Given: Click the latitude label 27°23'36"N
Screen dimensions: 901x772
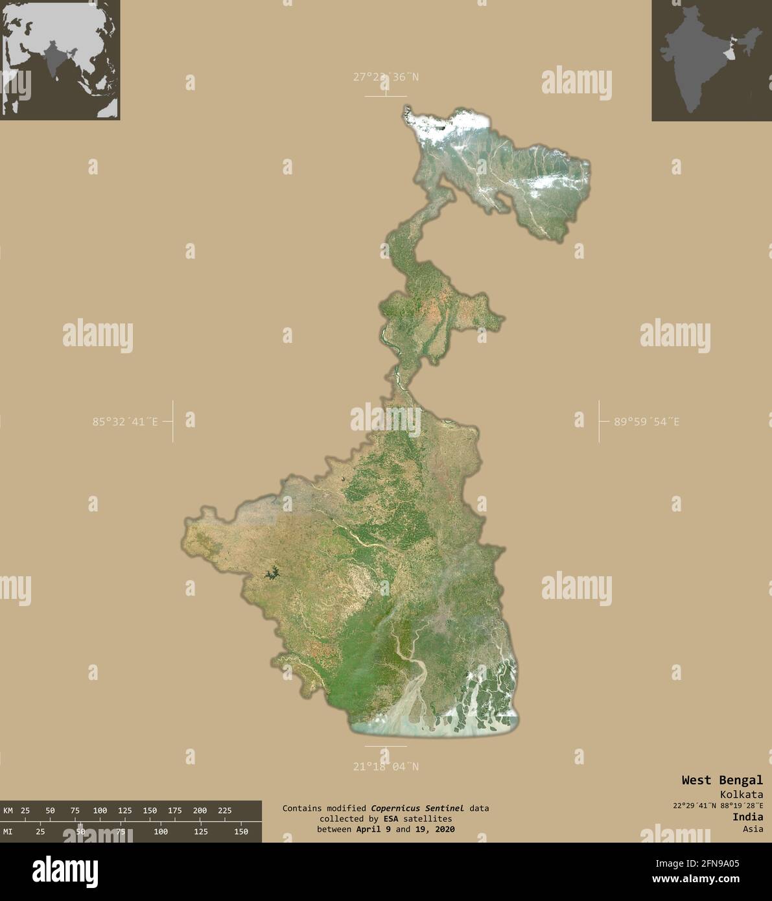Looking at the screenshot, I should coord(386,77).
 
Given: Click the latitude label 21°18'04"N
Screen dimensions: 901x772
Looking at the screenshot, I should coord(386,767).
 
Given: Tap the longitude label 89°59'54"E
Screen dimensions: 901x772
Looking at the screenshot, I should coord(647,422).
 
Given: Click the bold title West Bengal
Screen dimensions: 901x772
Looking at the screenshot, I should coord(721,780).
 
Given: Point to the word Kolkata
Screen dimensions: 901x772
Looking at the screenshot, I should coord(741,795).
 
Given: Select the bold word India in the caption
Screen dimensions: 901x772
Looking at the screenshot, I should coord(747,817).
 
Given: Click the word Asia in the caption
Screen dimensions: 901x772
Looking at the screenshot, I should coord(753,828).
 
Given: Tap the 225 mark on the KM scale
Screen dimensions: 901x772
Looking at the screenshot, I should coord(224,810).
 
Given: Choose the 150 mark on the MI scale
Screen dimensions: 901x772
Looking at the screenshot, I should coord(240,832).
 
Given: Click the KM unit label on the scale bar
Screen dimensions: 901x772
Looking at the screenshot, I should coord(8,810).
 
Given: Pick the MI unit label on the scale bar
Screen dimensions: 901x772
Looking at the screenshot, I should coord(8,832).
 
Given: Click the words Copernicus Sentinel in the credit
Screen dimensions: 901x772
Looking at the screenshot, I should coord(417,808).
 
